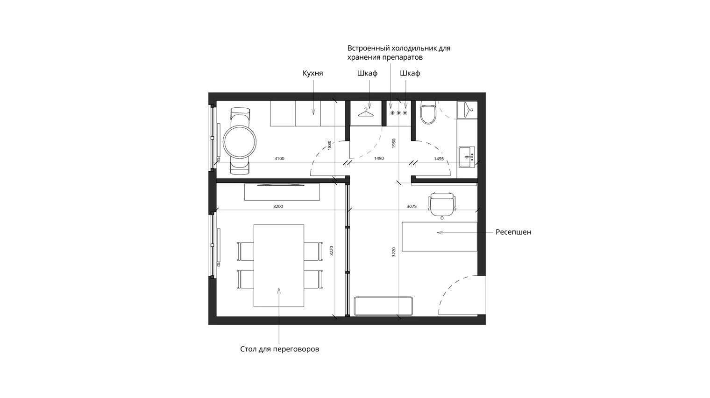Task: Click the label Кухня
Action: click(312, 73)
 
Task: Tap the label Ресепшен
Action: click(513, 232)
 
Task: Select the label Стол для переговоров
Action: click(279, 349)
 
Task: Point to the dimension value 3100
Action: click(279, 159)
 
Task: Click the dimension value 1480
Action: click(379, 158)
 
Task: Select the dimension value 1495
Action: click(439, 159)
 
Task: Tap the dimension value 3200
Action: click(278, 206)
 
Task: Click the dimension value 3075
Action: click(412, 206)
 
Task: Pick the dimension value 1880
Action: click(330, 145)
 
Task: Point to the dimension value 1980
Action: click(394, 143)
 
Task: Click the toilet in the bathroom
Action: click(428, 113)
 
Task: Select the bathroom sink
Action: click(467, 157)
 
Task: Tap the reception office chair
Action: click(442, 205)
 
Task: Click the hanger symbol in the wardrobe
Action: click(366, 112)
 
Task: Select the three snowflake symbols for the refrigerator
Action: click(399, 113)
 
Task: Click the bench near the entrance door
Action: click(383, 306)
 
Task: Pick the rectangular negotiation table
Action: click(279, 265)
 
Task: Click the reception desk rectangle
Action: click(440, 237)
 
